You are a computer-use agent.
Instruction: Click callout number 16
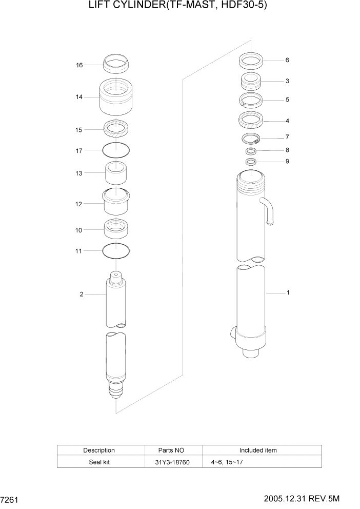[x=79, y=65]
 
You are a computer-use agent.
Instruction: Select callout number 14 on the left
[x=79, y=96]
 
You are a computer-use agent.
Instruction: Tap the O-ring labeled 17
[x=116, y=150]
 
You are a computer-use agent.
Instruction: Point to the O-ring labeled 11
[x=116, y=251]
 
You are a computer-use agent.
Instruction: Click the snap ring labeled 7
[x=251, y=138]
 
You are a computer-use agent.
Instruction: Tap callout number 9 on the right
[x=287, y=162]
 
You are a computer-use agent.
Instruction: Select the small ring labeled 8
[x=251, y=151]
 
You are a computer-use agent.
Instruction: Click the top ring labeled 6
[x=251, y=61]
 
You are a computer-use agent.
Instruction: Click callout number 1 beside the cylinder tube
[x=288, y=293]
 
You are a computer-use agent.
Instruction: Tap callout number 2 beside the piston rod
[x=81, y=294]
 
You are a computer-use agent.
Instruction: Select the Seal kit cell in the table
[x=99, y=462]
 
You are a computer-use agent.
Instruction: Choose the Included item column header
[x=257, y=450]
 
